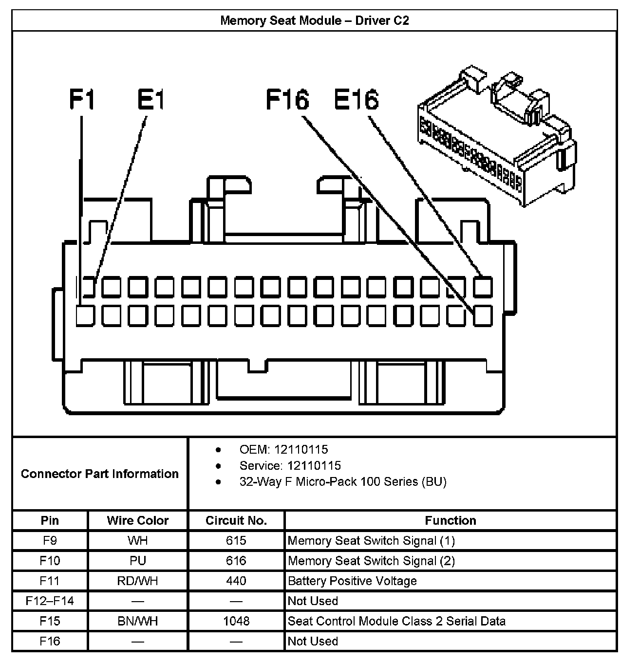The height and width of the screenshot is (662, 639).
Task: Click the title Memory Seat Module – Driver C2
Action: point(314,20)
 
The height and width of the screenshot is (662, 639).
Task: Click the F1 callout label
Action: point(82,99)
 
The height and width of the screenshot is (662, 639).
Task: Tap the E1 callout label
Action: point(151,99)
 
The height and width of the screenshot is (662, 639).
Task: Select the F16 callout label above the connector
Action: point(287,99)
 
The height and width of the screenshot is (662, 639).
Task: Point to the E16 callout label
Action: point(356,99)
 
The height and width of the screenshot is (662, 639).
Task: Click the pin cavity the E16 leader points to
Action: point(483,286)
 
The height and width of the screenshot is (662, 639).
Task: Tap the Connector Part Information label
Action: point(99,474)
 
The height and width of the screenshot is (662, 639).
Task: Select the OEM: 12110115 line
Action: point(283,449)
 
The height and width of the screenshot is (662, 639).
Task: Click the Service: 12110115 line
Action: point(290,465)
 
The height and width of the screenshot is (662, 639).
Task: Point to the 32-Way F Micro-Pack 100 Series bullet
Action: point(342,481)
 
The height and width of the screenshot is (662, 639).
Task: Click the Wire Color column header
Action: point(138,520)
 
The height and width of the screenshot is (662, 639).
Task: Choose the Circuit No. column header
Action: point(236,520)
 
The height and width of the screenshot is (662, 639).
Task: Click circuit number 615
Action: point(236,540)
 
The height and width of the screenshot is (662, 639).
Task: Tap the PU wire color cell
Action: point(138,561)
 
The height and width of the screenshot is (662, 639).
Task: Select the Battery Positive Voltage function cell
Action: point(352,581)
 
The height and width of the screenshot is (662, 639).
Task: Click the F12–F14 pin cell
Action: point(50,601)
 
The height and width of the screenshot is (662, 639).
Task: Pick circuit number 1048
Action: point(236,621)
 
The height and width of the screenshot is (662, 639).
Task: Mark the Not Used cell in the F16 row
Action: point(313,641)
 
